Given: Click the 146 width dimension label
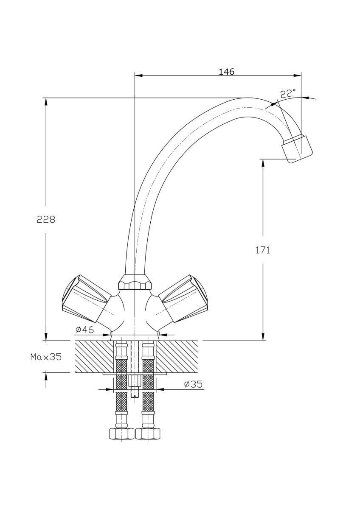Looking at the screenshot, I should [226, 72].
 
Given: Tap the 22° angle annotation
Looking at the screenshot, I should [288, 94].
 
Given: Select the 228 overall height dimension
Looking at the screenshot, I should [46, 219].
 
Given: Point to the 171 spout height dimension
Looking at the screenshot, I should [263, 250].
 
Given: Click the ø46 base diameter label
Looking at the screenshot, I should [84, 330].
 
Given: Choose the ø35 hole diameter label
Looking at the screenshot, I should [194, 384].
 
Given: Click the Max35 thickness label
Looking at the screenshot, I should [46, 357].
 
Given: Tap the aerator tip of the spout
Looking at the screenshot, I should [297, 149].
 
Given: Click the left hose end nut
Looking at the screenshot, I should [121, 434].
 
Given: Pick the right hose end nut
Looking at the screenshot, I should [148, 434].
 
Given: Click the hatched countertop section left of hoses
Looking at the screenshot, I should [93, 356].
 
